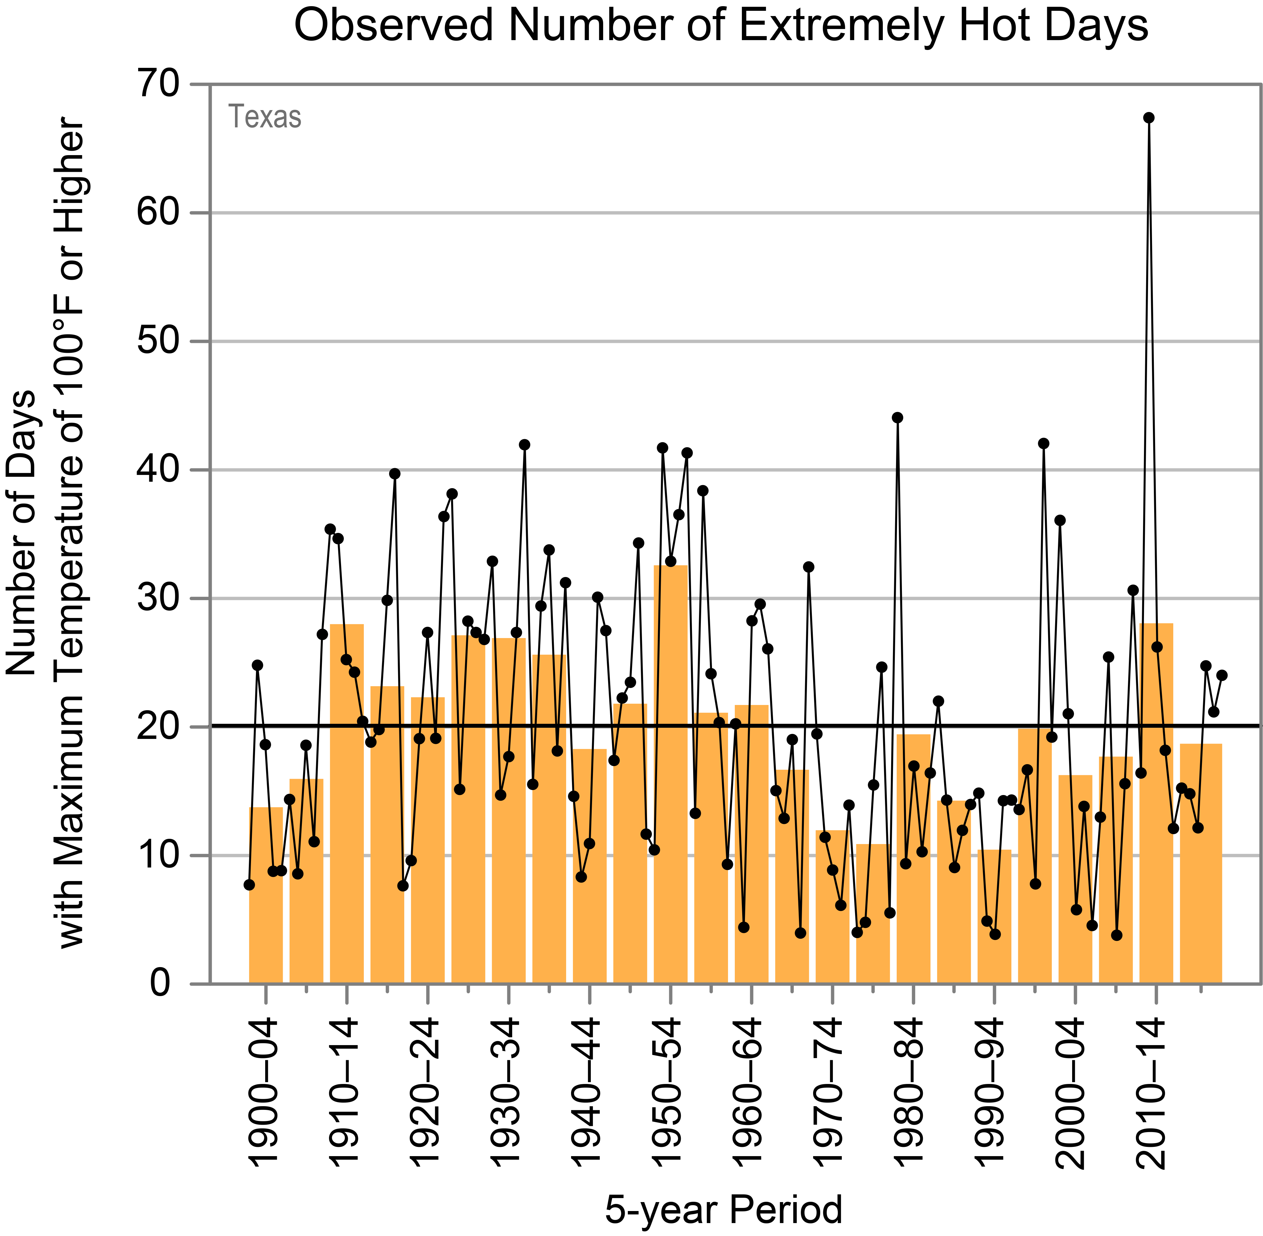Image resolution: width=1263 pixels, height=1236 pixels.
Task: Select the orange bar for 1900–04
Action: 265,896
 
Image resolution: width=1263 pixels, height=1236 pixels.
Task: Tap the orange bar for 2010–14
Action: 1156,805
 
